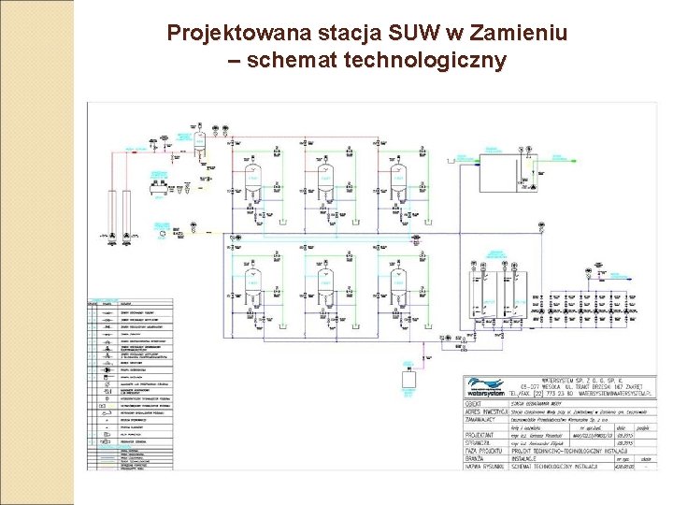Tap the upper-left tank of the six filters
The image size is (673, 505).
click(253, 178)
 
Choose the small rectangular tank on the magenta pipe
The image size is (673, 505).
click(408, 380)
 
